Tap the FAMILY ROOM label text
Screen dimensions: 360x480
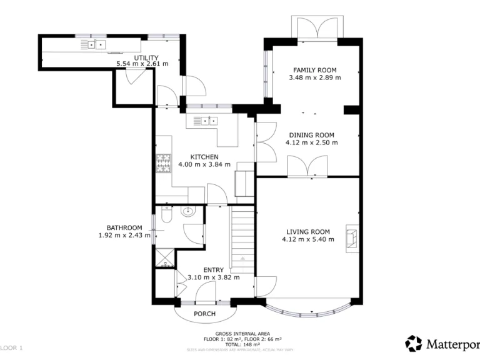tap(315, 70)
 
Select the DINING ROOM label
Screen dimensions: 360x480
tap(311, 135)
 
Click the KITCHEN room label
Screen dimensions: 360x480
tap(204, 157)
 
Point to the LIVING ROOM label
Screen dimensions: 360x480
tap(308, 231)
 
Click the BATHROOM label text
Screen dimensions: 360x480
tap(124, 227)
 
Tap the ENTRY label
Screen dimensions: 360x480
tap(213, 270)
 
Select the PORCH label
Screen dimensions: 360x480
tap(205, 314)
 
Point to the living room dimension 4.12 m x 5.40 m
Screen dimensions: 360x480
tap(308, 239)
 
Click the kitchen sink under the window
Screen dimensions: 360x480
tap(204, 121)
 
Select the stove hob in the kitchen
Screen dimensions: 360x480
tap(162, 163)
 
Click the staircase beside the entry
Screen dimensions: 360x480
tap(241, 237)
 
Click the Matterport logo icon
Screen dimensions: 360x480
tap(414, 343)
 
